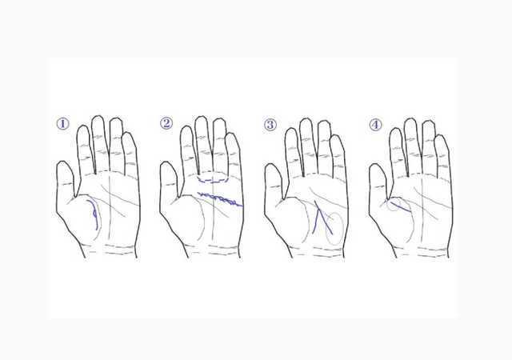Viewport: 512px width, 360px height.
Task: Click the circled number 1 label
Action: [x=63, y=124]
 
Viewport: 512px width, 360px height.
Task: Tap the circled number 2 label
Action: [x=166, y=123]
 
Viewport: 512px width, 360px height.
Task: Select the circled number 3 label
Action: [x=270, y=125]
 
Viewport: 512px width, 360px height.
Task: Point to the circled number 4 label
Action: [x=375, y=125]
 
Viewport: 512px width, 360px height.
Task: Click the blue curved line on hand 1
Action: [x=94, y=214]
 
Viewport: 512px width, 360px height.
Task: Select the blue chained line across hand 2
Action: [x=219, y=199]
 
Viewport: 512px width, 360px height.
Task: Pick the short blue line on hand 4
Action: [x=400, y=207]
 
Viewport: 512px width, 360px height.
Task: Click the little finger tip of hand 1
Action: [x=128, y=133]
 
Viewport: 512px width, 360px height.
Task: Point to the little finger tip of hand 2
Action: [x=231, y=133]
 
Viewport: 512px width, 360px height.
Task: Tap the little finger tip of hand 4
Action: [x=441, y=135]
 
